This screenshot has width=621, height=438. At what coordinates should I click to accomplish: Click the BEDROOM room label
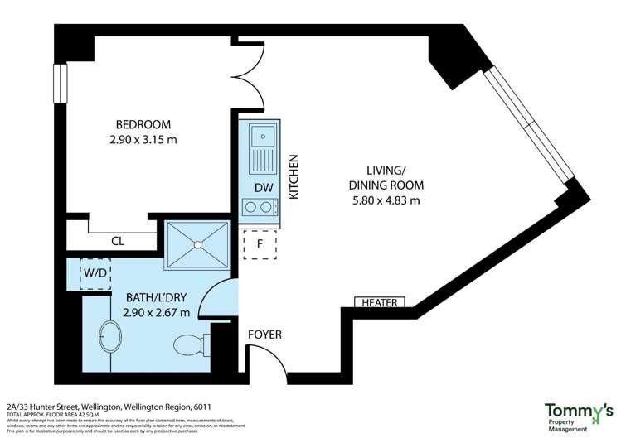coord(143,125)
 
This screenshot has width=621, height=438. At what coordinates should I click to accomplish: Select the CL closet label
coord(117,242)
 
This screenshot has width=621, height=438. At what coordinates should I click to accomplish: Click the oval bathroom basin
coord(109,339)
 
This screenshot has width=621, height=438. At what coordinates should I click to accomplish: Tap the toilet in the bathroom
coord(191,342)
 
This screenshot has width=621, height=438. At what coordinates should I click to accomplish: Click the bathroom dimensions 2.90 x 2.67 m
coord(157,312)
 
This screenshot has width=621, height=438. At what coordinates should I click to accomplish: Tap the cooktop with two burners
coord(260,207)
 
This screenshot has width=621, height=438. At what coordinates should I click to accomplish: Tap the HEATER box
coord(382,302)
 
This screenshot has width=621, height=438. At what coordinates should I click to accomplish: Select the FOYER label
coord(265,335)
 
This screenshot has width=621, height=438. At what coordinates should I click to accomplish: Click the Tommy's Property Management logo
coord(578,416)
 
